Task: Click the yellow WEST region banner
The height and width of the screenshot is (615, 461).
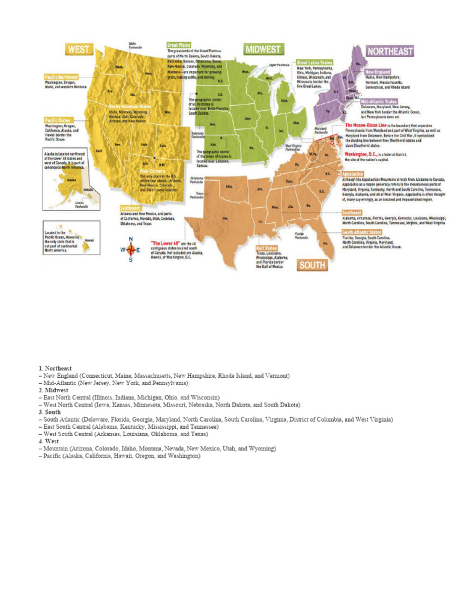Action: [79, 49]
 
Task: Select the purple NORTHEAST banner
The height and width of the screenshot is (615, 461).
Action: [390, 51]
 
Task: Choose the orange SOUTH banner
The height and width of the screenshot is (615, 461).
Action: [313, 265]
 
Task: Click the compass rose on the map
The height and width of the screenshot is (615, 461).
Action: [130, 249]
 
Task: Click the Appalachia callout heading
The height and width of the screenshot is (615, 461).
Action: [353, 174]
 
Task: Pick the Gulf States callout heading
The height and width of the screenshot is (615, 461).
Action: [268, 247]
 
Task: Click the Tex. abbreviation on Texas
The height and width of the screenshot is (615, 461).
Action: [226, 218]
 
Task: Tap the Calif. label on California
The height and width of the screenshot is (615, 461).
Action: [100, 150]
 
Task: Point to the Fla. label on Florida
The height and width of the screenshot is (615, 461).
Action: [325, 243]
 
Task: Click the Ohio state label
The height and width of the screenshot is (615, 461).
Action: [295, 123]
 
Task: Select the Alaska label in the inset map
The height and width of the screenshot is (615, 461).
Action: [71, 179]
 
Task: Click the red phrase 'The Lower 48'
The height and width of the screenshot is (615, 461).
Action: [164, 242]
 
